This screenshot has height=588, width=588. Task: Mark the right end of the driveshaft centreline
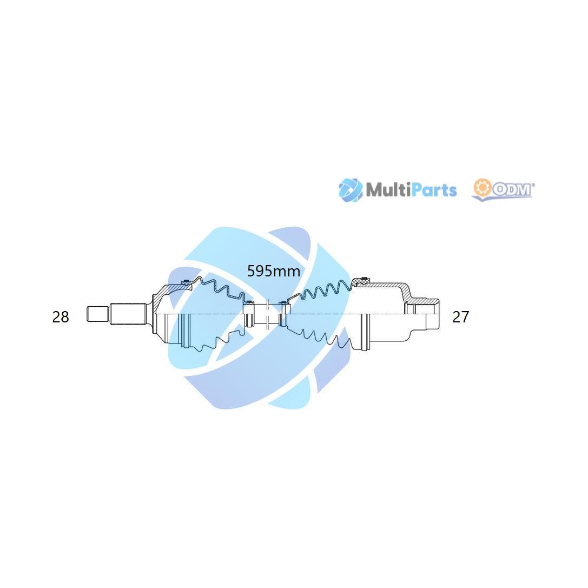click(x=439, y=314)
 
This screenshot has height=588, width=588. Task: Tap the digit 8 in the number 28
click(x=64, y=317)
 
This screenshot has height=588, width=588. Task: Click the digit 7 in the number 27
click(x=465, y=317)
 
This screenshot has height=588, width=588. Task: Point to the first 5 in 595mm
click(x=251, y=271)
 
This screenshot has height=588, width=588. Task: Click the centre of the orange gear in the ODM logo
click(x=482, y=189)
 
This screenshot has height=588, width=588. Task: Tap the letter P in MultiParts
click(x=417, y=190)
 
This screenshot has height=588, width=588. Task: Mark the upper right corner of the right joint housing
click(x=439, y=299)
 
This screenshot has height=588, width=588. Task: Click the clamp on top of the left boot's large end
click(x=185, y=282)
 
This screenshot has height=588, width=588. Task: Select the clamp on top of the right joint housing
click(x=364, y=279)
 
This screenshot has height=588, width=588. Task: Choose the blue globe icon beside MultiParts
click(x=350, y=190)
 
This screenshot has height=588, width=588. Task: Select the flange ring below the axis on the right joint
click(x=365, y=332)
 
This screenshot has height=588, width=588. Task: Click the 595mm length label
click(x=274, y=271)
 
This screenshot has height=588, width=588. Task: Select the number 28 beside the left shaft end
click(x=61, y=317)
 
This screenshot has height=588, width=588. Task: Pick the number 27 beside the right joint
click(x=461, y=317)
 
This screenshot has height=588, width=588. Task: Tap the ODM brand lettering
click(x=512, y=190)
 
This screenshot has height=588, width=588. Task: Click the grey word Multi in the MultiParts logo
click(x=388, y=190)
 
